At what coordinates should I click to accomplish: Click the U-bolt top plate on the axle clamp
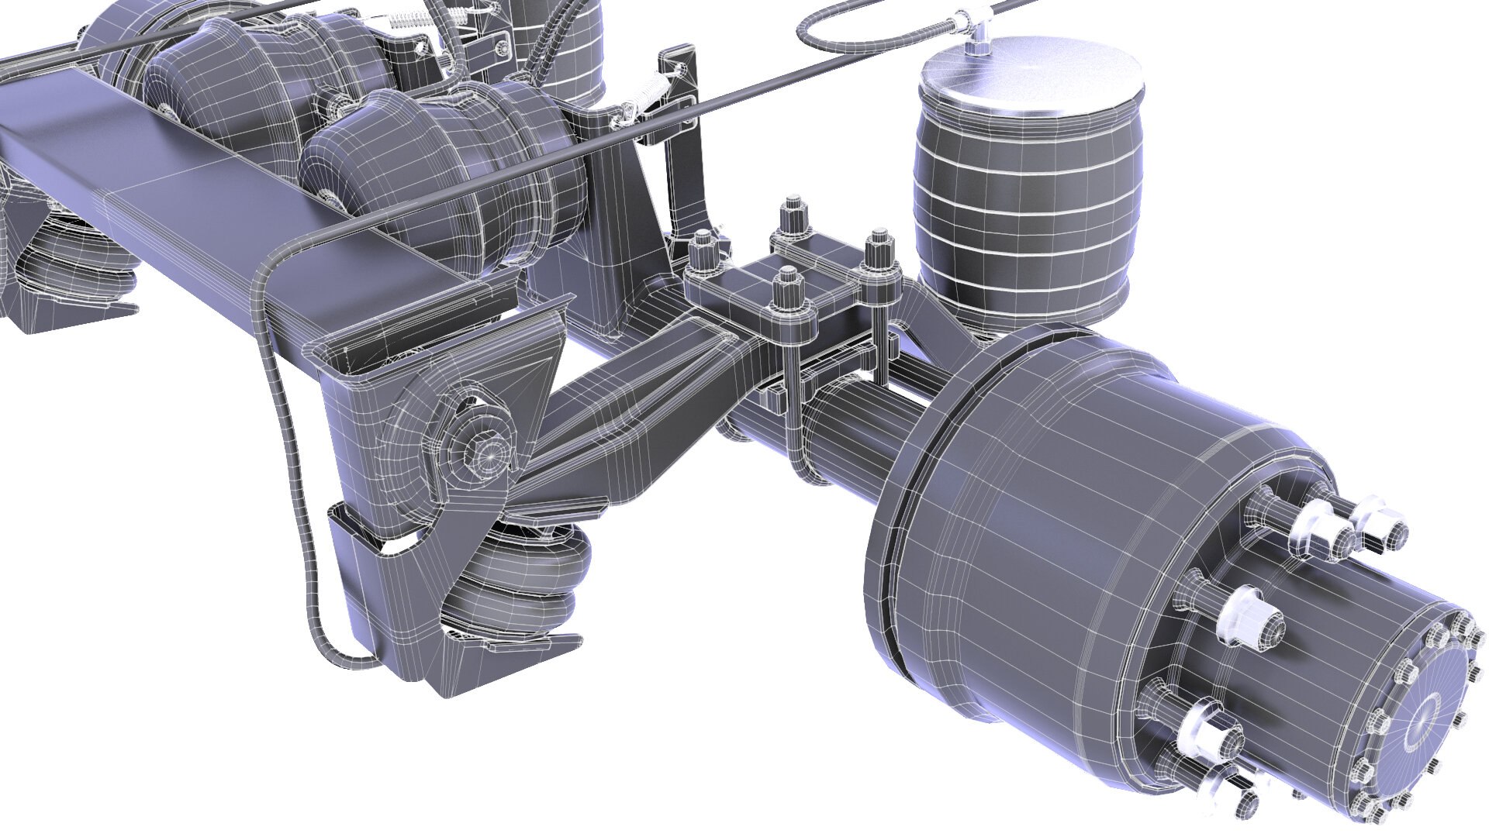coord(783,291)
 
